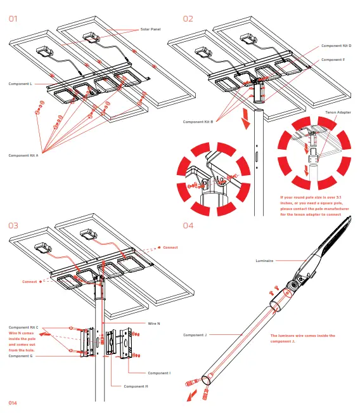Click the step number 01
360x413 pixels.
tap(13, 19)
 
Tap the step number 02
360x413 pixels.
tap(188, 19)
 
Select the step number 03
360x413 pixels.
tap(13, 226)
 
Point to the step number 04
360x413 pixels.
tap(188, 226)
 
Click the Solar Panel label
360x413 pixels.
tap(150, 29)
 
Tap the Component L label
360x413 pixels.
tap(20, 84)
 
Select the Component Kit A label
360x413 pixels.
tap(23, 155)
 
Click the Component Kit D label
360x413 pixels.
tap(336, 46)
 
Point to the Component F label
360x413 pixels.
tap(333, 60)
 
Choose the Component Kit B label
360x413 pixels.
tap(198, 122)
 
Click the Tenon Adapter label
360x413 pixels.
tap(338, 112)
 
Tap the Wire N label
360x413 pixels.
tap(154, 324)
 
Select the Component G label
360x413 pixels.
tap(20, 356)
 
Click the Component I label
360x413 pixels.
tap(159, 373)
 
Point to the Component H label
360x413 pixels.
tap(136, 386)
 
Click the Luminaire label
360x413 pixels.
tap(264, 261)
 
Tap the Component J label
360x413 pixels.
tap(195, 335)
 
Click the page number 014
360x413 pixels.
tap(13, 403)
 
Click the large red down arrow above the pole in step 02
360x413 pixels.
tap(246, 119)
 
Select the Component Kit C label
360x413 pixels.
tap(23, 327)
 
